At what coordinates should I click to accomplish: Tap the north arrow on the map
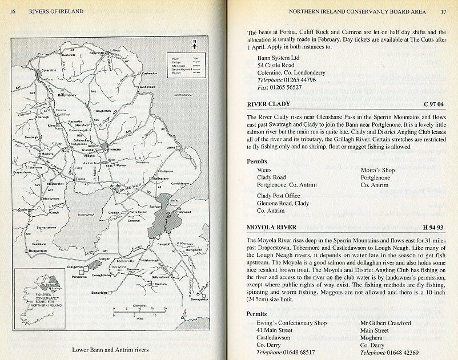(x=195, y=44)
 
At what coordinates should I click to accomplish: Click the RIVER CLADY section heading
(x=268, y=104)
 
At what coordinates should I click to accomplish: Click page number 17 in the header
(x=443, y=11)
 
